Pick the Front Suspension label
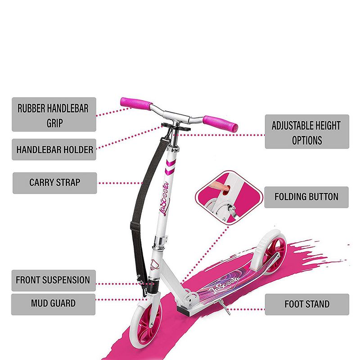point(53,280)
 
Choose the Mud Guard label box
point(53,303)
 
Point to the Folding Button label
point(306,197)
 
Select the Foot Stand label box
point(306,304)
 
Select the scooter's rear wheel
point(273,252)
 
